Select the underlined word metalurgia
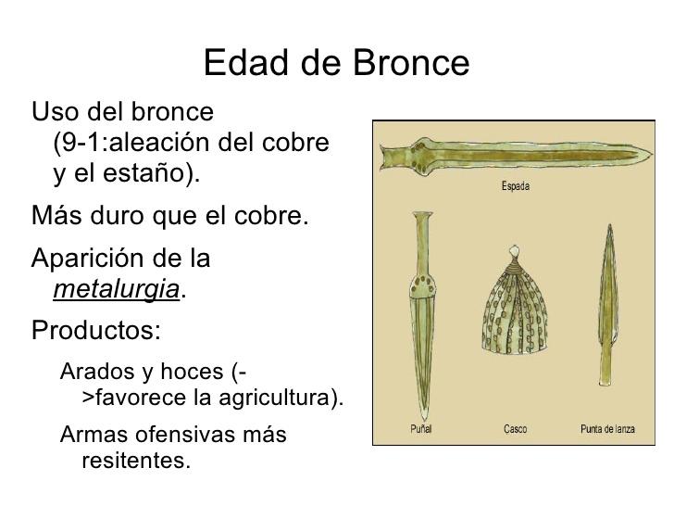(117, 290)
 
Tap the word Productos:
(96, 330)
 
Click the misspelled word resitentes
(136, 460)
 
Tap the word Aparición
(94, 258)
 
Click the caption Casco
(515, 429)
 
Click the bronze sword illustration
(509, 155)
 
